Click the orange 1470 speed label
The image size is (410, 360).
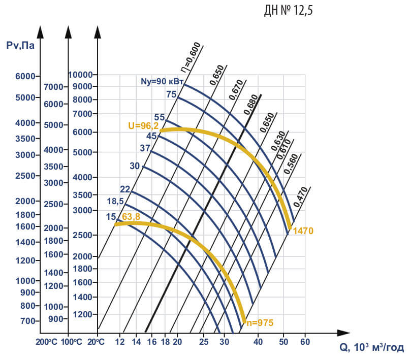point(303,231)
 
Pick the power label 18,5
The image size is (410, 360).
point(116,201)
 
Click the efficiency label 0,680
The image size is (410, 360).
point(250,105)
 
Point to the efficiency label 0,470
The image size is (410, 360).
point(302,197)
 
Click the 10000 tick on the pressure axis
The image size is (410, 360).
point(81,75)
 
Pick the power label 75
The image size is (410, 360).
point(171,94)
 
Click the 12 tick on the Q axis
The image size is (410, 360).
point(120,341)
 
